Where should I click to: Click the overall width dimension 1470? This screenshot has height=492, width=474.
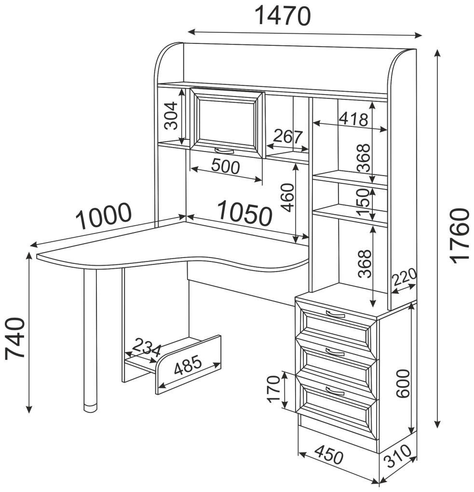283,16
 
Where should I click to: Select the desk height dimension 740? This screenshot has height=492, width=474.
15,338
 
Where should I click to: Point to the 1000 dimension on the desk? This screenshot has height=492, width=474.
104,216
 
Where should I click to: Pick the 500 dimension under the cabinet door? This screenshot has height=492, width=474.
226,166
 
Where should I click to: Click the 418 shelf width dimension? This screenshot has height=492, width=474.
353,119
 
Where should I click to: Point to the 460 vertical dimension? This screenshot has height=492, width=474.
287,198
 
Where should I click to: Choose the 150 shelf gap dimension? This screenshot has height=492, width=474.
364,202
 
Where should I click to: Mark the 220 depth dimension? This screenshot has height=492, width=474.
405,277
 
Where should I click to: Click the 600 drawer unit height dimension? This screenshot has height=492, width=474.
403,383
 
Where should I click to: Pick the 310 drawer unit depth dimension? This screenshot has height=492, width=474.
398,456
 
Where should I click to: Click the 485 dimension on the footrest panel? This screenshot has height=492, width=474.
188,366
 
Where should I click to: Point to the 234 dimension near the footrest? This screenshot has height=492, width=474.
147,347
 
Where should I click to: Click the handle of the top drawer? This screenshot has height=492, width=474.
335,314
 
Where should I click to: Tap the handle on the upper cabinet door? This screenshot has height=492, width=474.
224,151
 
